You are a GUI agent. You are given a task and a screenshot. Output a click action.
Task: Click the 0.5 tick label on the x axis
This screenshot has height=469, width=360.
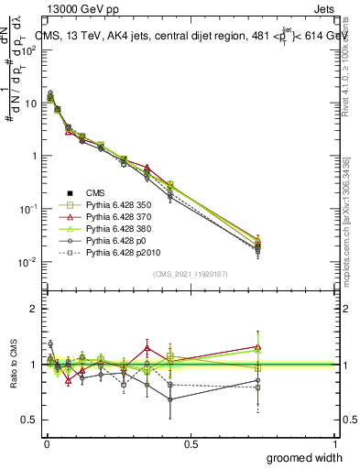[191, 442]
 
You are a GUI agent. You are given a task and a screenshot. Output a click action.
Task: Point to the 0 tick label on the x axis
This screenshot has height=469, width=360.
[46, 442]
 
